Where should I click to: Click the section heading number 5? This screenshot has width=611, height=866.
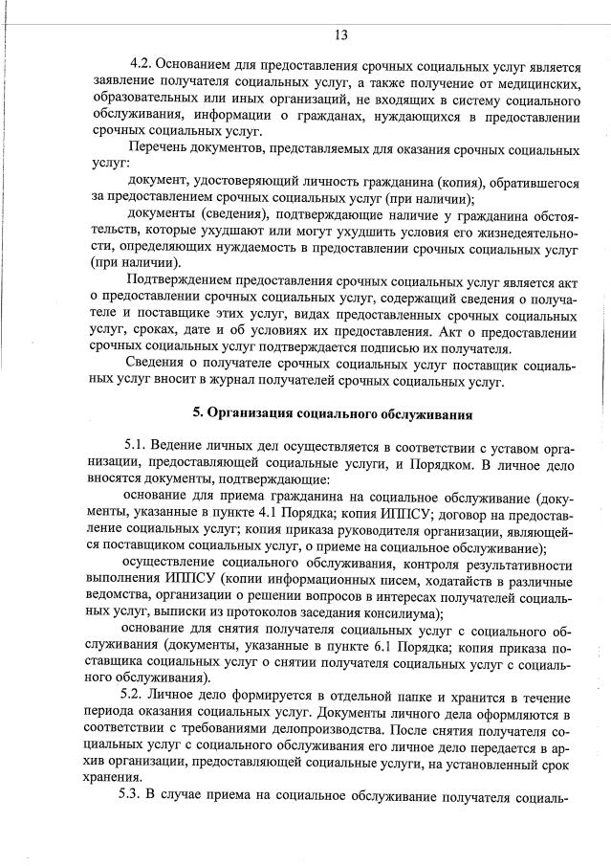pyautogui.click(x=198, y=414)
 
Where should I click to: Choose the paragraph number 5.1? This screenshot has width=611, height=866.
pyautogui.click(x=136, y=447)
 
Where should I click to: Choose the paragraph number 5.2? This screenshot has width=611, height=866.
pyautogui.click(x=131, y=696)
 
